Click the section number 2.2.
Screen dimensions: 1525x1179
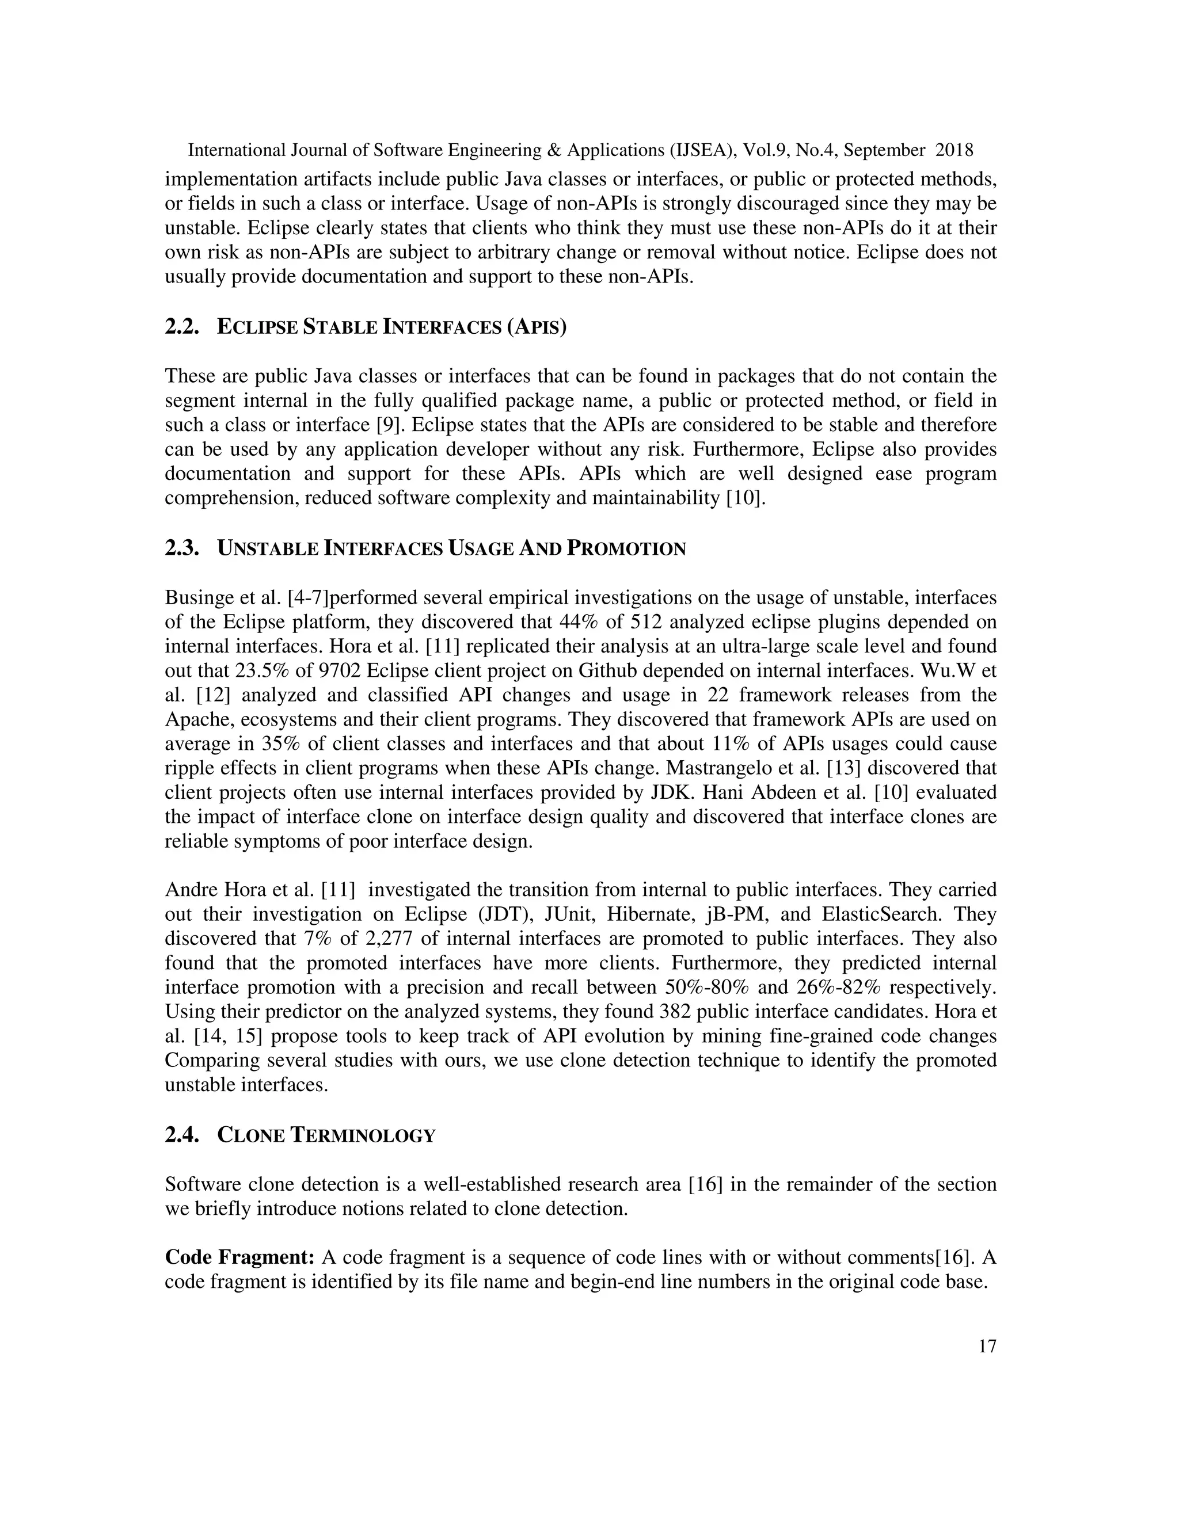181,327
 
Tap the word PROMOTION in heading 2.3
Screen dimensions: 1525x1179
626,549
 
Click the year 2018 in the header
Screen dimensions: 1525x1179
954,150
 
